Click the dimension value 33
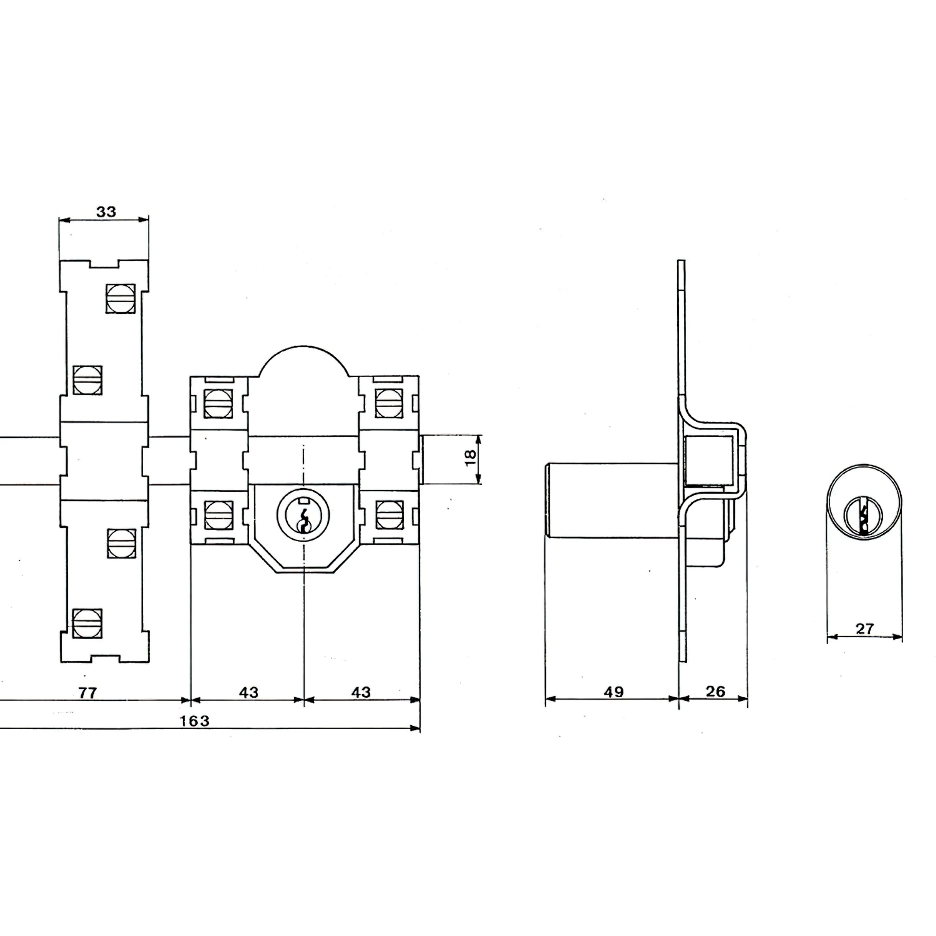click(106, 212)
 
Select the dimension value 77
click(88, 693)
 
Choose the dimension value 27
click(864, 629)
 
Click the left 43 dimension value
click(249, 692)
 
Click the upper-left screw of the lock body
click(218, 403)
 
